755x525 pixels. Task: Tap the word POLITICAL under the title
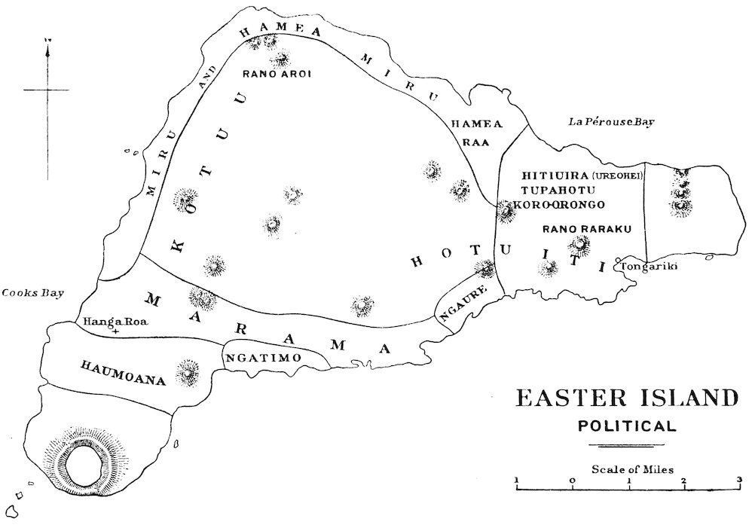pos(626,426)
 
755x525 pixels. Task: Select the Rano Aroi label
pos(277,74)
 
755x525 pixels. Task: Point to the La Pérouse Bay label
pos(608,122)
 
